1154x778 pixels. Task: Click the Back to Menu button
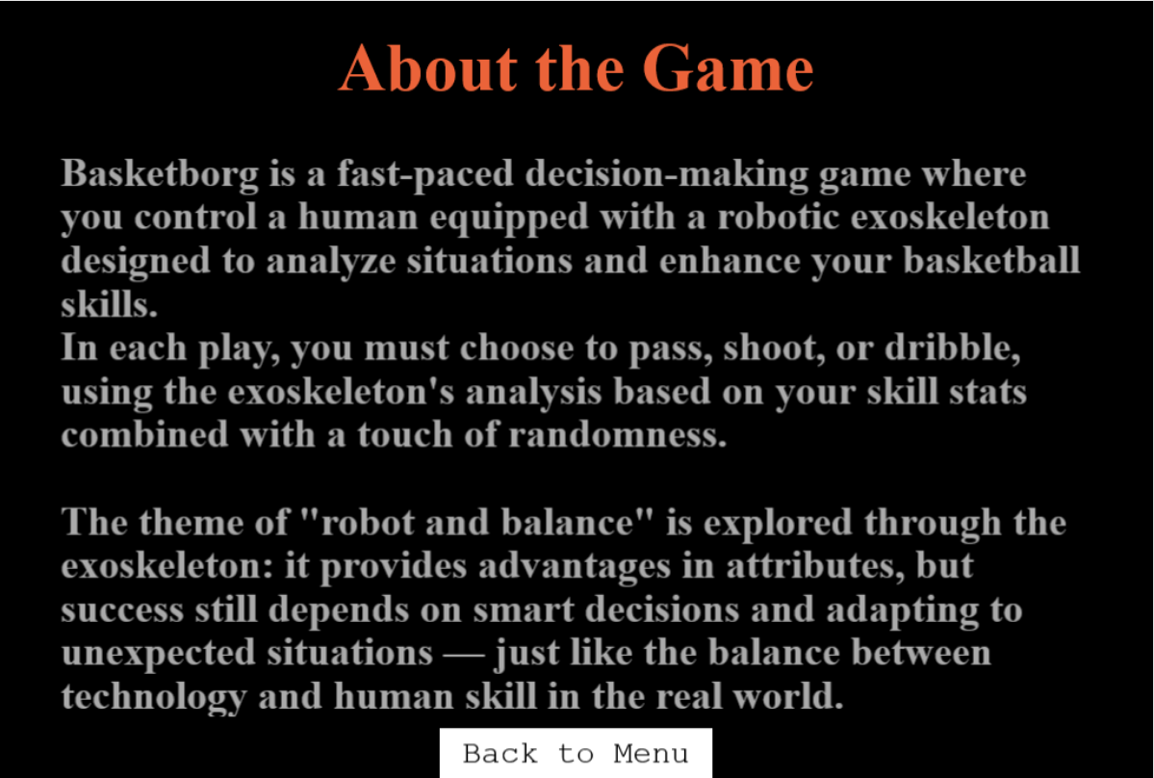coord(576,753)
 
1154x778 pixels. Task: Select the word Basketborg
coord(160,173)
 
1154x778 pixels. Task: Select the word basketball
coord(991,261)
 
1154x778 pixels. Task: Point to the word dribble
coord(952,349)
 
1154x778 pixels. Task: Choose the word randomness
coord(618,435)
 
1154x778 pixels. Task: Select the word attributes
coord(815,566)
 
